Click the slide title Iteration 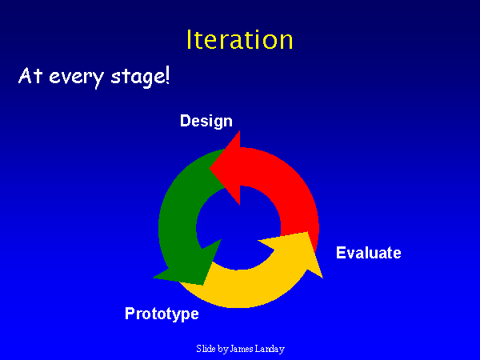pos(239,40)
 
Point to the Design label pos(206,121)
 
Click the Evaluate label pos(369,253)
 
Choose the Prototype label pos(162,314)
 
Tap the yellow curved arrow pos(248,288)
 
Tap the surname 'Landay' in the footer pos(270,349)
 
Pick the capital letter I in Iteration pos(190,40)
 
